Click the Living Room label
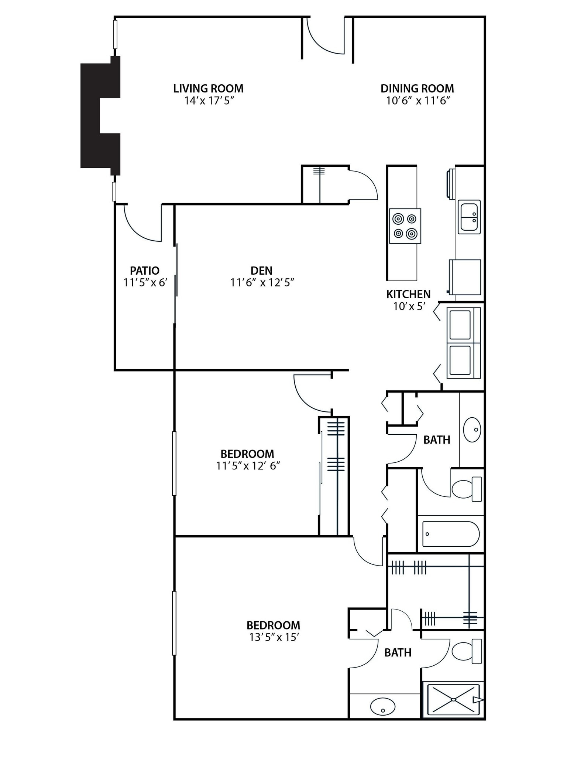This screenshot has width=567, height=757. tap(208, 89)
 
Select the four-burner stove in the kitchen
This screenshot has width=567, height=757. tap(405, 226)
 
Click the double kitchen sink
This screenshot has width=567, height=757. tap(469, 217)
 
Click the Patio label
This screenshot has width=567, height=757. tap(144, 271)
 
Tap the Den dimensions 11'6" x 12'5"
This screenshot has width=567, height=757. tap(262, 283)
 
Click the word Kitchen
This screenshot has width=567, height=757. tap(408, 294)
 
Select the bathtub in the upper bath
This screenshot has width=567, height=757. tap(450, 534)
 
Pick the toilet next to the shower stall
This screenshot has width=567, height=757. tap(466, 651)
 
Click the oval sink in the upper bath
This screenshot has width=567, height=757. tap(472, 430)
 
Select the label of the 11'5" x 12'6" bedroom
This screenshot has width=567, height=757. tap(247, 454)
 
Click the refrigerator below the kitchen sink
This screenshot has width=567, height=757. tap(465, 277)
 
